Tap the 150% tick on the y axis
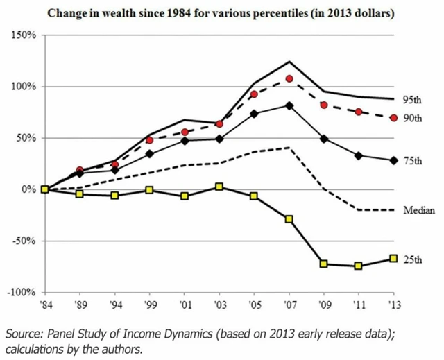[23, 35]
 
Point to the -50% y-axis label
[23, 241]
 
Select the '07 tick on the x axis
[289, 303]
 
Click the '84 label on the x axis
[44, 303]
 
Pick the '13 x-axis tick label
[393, 303]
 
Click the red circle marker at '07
[289, 78]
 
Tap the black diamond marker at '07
[289, 105]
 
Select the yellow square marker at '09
[324, 264]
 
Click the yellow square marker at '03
[219, 187]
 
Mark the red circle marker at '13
[393, 118]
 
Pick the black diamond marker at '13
[393, 160]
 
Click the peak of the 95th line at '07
[289, 61]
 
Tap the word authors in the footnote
[123, 348]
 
